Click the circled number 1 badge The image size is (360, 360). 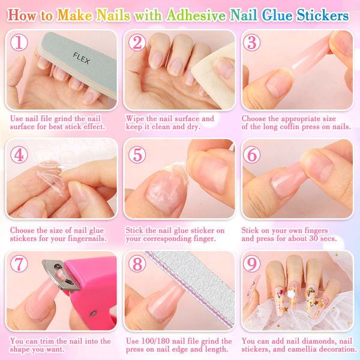(19, 43)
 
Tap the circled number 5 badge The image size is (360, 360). (137, 155)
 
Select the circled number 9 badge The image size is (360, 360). (251, 264)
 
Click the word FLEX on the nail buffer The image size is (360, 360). (81, 58)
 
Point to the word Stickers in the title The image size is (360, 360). (322, 16)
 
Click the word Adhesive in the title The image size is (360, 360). (196, 16)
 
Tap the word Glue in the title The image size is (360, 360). (277, 16)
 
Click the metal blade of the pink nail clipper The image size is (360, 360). (60, 274)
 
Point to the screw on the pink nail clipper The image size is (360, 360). (93, 313)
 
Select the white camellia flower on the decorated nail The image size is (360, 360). (291, 293)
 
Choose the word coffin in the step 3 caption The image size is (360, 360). (289, 127)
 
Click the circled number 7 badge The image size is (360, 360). (19, 264)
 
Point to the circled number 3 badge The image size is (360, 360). (251, 43)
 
